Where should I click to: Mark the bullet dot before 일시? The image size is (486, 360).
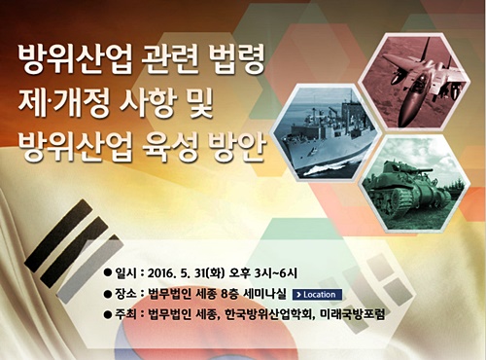tap(109, 271)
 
